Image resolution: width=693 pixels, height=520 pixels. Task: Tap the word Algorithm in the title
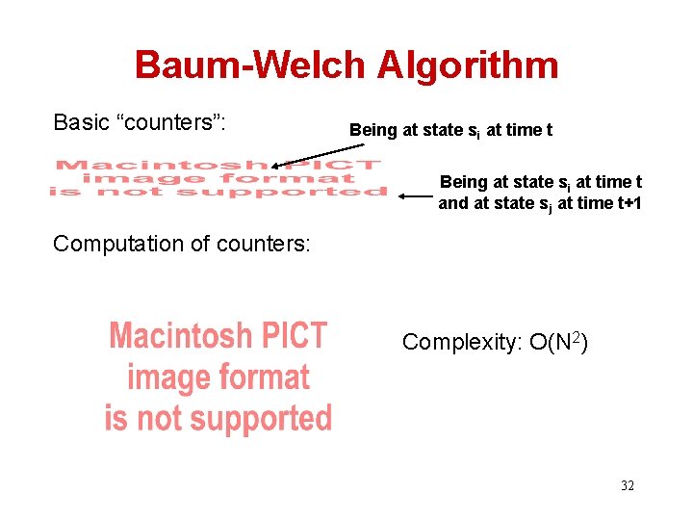click(468, 65)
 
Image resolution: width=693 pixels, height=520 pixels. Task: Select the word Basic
click(81, 122)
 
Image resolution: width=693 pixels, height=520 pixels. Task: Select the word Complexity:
click(461, 342)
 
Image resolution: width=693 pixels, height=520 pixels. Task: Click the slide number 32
click(627, 485)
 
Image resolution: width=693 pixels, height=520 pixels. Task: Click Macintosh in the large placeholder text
click(179, 337)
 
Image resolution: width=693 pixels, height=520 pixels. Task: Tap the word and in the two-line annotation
click(454, 202)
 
